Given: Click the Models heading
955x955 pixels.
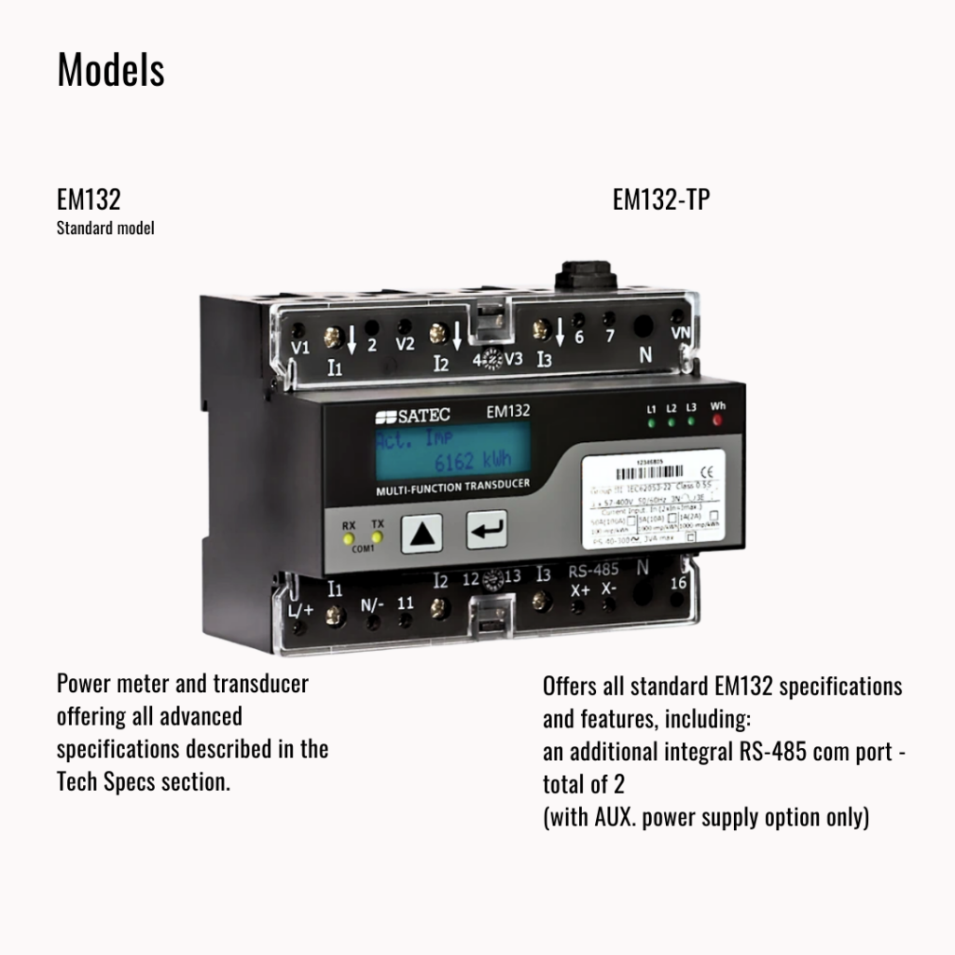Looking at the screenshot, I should (111, 70).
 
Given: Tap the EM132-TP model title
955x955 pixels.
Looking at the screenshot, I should (661, 200).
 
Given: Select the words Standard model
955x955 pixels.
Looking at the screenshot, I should (105, 228).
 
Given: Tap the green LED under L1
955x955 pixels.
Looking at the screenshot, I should (651, 422).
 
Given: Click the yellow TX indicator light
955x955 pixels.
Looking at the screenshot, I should (378, 537).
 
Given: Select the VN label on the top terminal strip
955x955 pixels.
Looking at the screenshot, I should (680, 330).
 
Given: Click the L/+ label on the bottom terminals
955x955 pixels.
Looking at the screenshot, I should (302, 610).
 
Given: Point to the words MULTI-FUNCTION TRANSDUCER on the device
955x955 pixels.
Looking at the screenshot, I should (452, 488).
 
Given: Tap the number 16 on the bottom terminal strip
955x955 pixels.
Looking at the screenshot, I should (679, 583).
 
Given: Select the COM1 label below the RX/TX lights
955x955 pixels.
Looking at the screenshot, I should (362, 550).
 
